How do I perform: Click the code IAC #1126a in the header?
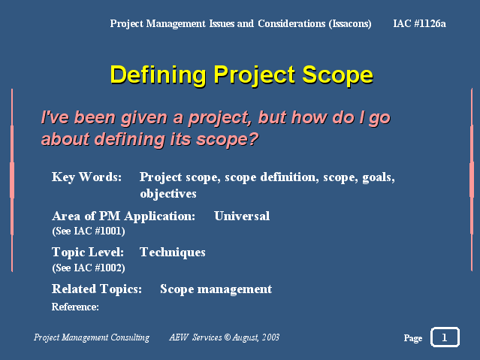click(419, 23)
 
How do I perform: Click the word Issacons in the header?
click(350, 23)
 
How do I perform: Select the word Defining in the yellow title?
click(158, 75)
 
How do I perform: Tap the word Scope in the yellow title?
click(338, 75)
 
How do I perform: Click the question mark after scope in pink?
click(253, 139)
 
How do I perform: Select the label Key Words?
click(86, 177)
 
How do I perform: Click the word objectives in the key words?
click(168, 194)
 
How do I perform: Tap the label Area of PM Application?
click(124, 216)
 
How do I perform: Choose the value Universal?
click(242, 216)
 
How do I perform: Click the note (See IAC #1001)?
click(89, 231)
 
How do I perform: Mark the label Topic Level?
click(88, 253)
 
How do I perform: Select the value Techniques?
click(173, 253)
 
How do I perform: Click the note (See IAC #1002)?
click(89, 268)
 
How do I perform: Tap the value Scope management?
click(216, 289)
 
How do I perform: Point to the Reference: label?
click(75, 307)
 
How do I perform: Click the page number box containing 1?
click(445, 337)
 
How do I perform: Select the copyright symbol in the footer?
click(227, 337)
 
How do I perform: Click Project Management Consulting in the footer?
click(92, 337)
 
